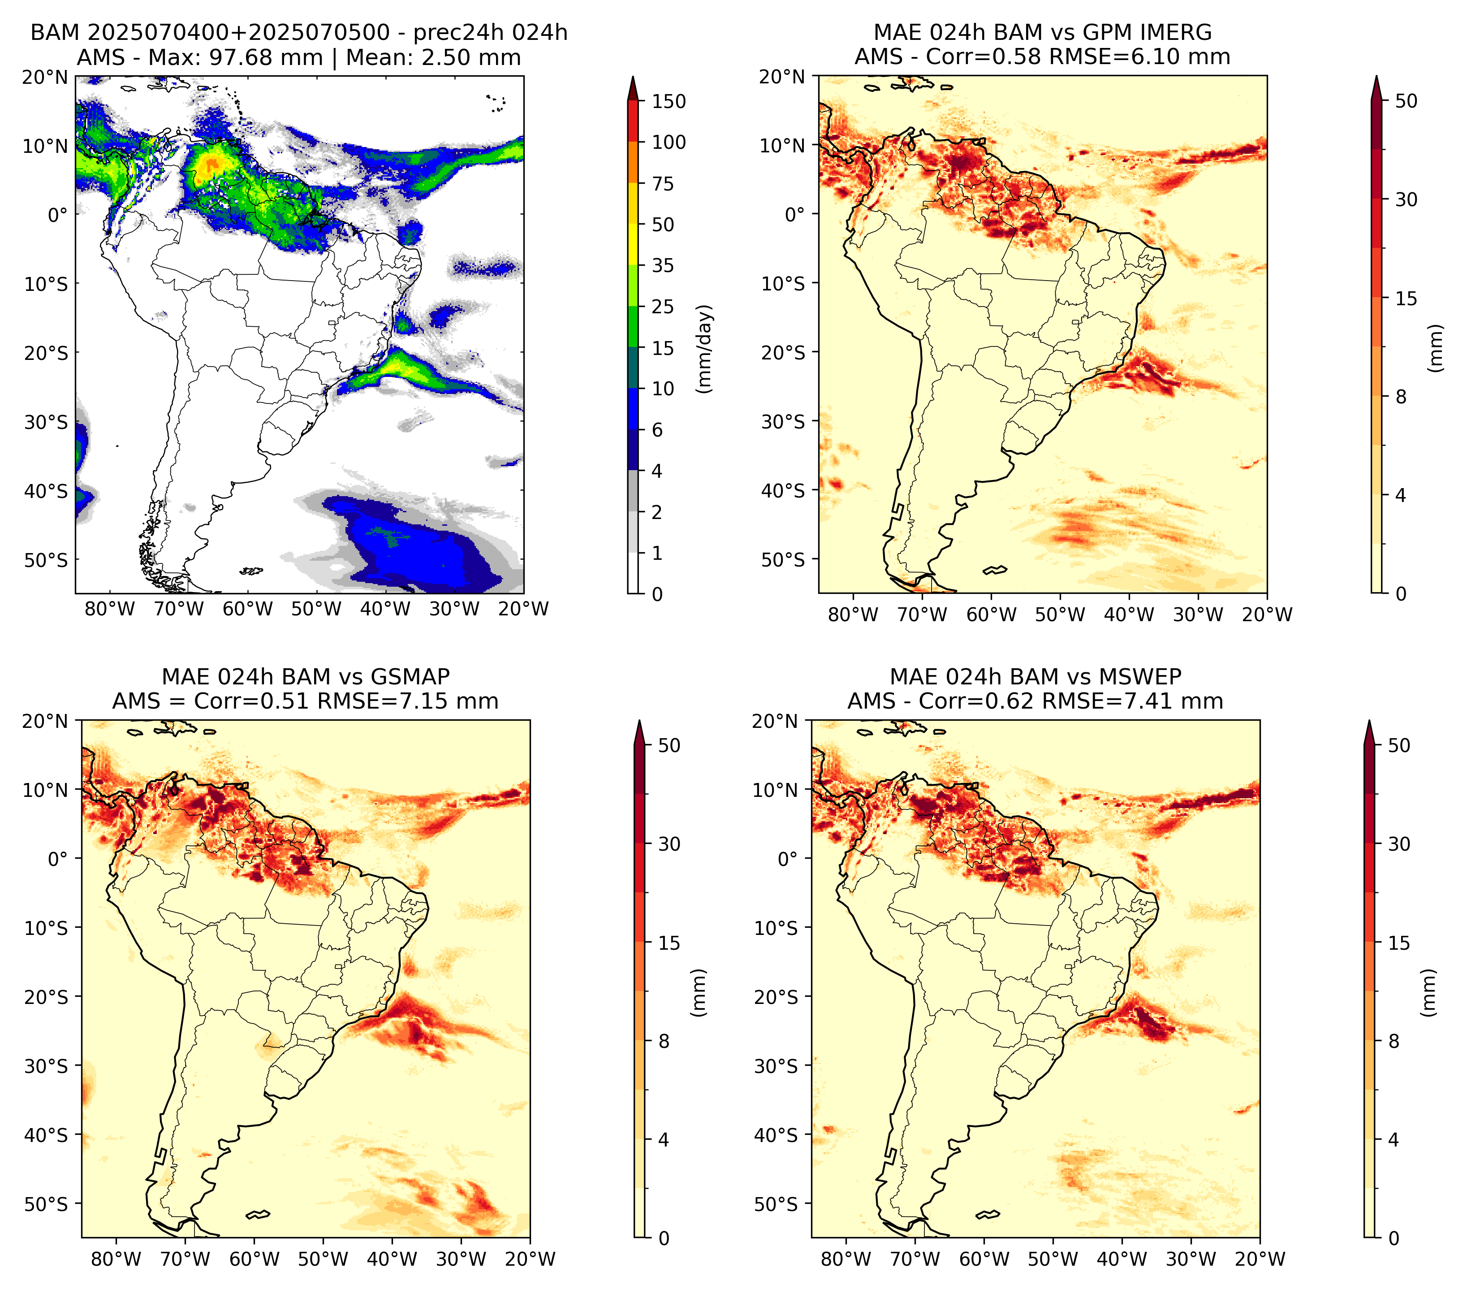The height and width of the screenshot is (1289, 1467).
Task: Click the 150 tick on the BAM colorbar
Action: (668, 101)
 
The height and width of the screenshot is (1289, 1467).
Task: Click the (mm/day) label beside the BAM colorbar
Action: (706, 349)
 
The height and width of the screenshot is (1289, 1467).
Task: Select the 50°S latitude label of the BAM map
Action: (46, 560)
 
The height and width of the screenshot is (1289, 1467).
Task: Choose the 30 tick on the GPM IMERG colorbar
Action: (1406, 199)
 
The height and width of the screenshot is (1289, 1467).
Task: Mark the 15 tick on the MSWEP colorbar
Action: (1399, 943)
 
